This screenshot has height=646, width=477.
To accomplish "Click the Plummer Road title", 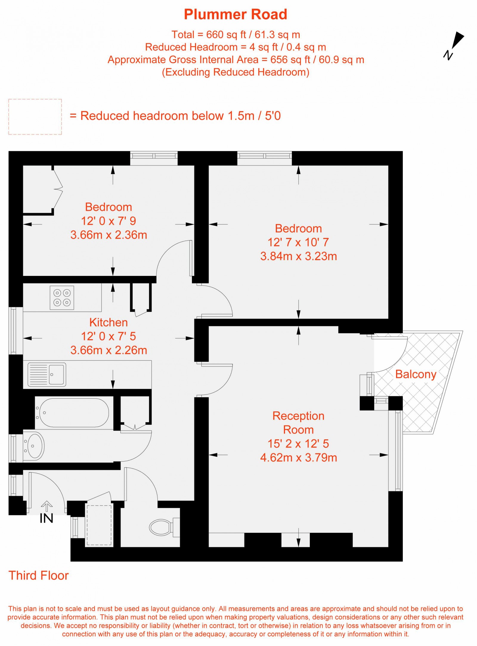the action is (x=236, y=14).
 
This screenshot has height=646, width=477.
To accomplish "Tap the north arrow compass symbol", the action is (x=454, y=46).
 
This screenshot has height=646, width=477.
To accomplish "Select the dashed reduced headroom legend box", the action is (x=35, y=117).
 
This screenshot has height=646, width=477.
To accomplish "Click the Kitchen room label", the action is (x=109, y=322).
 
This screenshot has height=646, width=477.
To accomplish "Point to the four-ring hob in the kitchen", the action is (x=62, y=298).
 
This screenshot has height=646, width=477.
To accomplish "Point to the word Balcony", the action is (x=416, y=374).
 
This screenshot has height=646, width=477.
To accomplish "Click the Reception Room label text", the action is (x=298, y=423).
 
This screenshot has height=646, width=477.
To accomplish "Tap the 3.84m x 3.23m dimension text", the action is (x=298, y=256).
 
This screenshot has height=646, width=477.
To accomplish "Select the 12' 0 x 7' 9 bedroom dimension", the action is (x=109, y=221).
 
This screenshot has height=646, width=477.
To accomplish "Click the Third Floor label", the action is (x=39, y=576).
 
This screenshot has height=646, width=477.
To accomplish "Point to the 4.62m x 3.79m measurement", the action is (x=298, y=458).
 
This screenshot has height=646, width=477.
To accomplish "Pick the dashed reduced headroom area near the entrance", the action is (x=99, y=525).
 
